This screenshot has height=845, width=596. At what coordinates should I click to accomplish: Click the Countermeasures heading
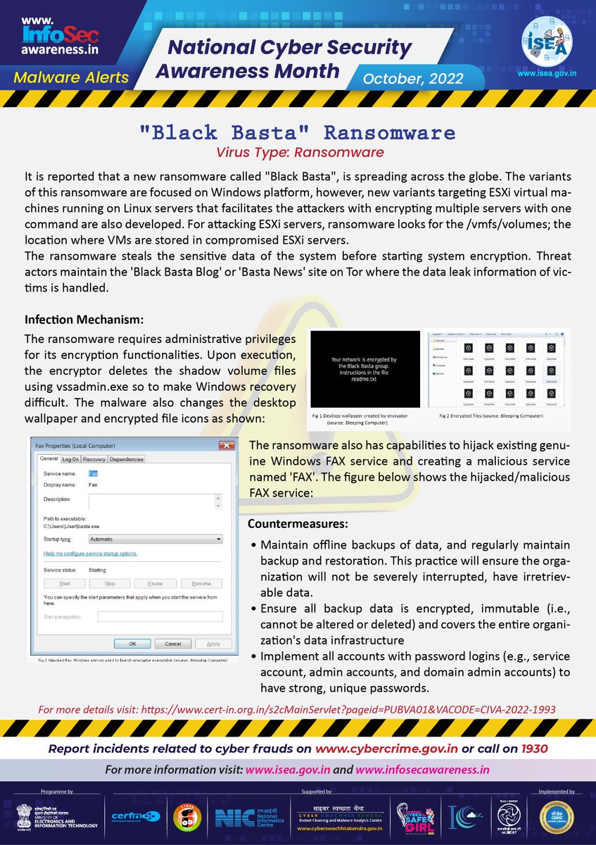pyautogui.click(x=297, y=525)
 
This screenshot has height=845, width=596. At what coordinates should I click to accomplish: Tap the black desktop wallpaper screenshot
pyautogui.click(x=364, y=368)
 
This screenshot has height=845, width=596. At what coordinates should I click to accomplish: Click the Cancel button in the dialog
pyautogui.click(x=172, y=644)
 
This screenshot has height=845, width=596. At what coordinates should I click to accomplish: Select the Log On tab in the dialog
pyautogui.click(x=71, y=459)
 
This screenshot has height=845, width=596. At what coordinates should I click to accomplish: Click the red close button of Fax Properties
pyautogui.click(x=227, y=446)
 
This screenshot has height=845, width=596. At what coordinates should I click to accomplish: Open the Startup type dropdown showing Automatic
pyautogui.click(x=155, y=539)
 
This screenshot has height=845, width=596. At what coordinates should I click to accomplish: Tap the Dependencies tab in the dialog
pyautogui.click(x=127, y=459)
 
